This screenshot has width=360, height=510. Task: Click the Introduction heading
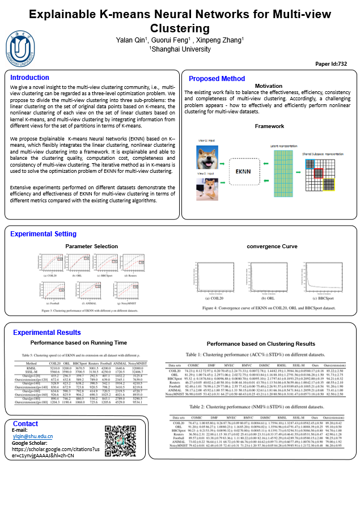tap(29, 78)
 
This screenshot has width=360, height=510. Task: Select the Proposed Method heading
tap(217, 79)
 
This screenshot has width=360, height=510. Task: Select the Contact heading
tap(25, 424)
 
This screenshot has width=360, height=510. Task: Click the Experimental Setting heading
tap(44, 234)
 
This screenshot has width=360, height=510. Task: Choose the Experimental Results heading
tap(46, 333)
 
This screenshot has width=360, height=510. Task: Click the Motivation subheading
tap(269, 86)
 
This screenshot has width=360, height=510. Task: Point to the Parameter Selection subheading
tap(92, 246)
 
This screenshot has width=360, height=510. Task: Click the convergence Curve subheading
tap(272, 246)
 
